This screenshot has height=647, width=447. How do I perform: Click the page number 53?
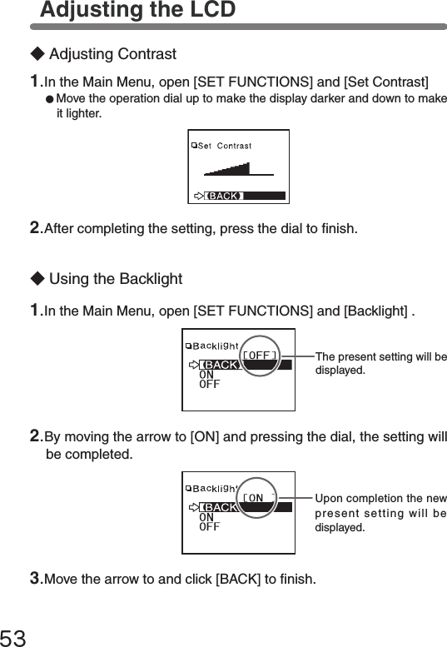pos(12,638)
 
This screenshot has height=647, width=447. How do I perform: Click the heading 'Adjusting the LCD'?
pos(137,9)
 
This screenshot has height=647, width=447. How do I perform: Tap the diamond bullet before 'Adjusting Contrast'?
pos(37,54)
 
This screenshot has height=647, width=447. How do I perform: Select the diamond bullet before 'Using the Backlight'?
pos(37,278)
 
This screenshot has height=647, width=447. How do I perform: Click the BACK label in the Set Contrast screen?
pos(224,196)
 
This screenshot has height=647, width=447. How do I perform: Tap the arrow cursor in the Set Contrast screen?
pos(199,196)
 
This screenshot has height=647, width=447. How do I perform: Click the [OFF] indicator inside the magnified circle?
pos(260,356)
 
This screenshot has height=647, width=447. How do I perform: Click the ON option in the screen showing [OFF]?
pos(206,375)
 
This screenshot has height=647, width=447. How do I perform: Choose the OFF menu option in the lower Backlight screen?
pos(210,527)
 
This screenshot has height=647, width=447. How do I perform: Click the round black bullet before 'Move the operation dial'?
pos(49,99)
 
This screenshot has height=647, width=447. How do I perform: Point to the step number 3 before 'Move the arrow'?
pos(36,578)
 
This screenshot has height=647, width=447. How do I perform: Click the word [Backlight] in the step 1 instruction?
pos(375,311)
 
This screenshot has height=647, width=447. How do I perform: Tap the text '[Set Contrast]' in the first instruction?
pos(386,82)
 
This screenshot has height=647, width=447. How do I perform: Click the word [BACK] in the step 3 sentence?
pos(238,579)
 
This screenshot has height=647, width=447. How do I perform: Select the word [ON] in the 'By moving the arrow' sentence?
pos(205,436)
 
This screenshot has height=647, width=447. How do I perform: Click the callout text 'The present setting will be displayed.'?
pos(380,363)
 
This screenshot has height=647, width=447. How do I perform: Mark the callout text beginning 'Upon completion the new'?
pos(380,513)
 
